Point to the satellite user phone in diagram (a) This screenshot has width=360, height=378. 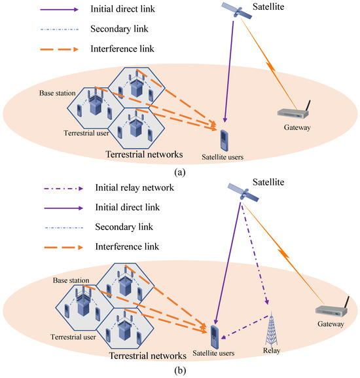pos(225,140)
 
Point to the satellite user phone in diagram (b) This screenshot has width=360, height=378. pos(214,337)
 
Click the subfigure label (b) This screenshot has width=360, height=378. pos(179,370)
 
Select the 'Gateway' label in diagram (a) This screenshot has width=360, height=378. pos(295,128)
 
